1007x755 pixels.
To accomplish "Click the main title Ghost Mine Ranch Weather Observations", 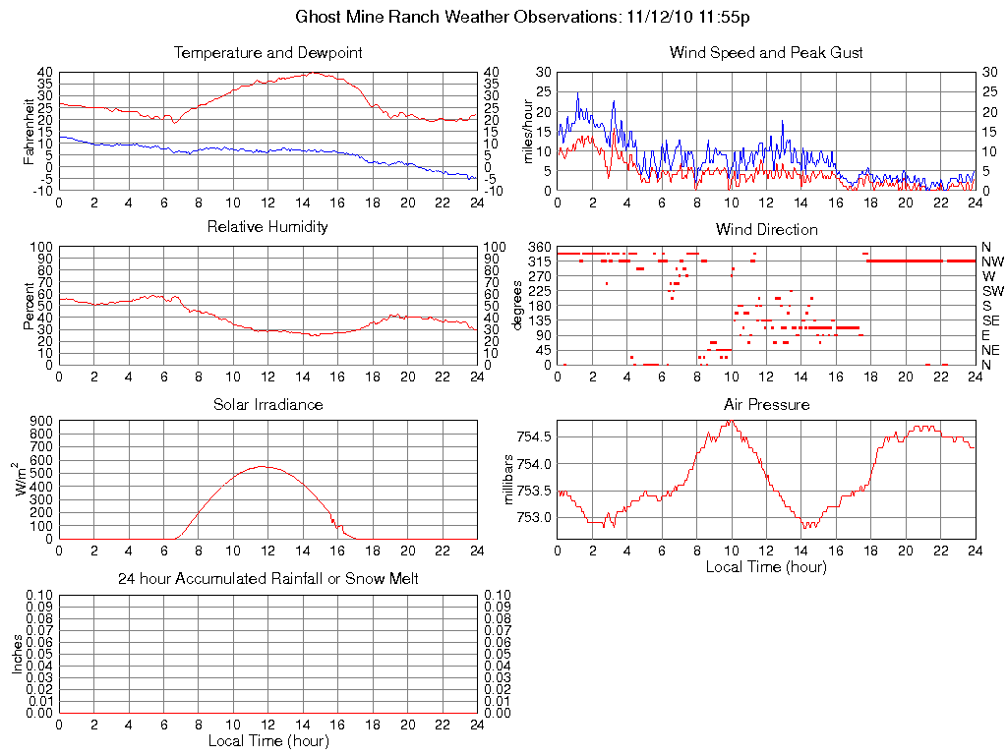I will [x=523, y=17].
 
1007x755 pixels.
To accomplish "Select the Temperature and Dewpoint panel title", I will [x=267, y=52].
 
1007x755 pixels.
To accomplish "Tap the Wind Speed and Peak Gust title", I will [x=766, y=52].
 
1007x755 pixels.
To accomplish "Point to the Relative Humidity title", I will [x=267, y=227].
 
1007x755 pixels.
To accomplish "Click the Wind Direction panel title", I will [x=766, y=229].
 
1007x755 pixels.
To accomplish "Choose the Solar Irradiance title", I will [x=267, y=404].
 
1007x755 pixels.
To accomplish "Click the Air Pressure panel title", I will [x=766, y=404].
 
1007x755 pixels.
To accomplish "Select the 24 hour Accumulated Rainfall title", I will [x=267, y=579].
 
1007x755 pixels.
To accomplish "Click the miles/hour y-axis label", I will [x=528, y=131].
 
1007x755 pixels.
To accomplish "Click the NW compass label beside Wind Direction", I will [x=992, y=261].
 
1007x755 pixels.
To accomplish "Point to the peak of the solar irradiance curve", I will [x=263, y=466].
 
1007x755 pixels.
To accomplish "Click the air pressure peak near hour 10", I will [x=730, y=421].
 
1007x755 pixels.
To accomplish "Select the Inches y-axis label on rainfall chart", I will [x=18, y=654].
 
